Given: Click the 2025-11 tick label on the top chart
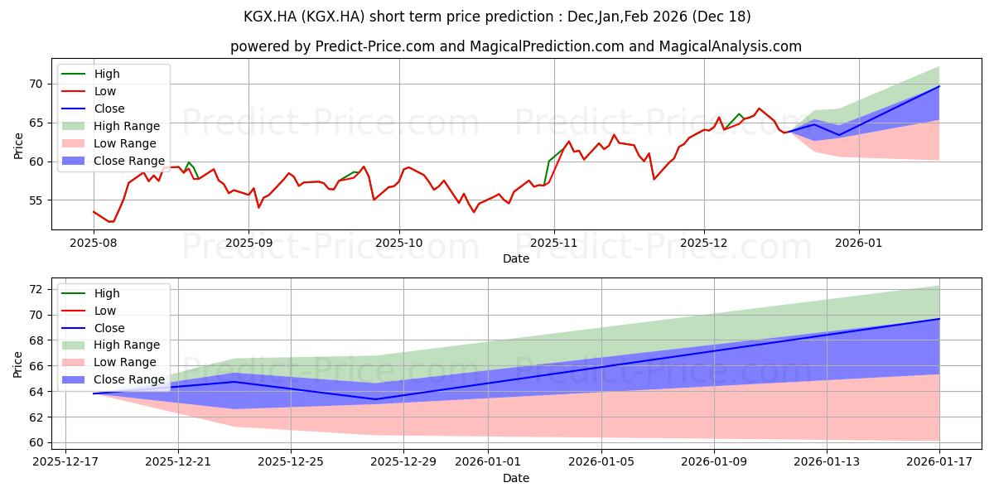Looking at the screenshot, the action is click(x=554, y=244).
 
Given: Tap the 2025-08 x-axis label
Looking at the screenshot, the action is click(x=93, y=244).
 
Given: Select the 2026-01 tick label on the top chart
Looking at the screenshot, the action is click(x=859, y=244).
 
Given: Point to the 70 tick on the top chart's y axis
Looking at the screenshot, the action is click(x=36, y=84).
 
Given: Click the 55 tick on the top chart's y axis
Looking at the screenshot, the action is click(x=36, y=200).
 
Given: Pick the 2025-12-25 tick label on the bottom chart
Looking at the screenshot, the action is click(x=291, y=462).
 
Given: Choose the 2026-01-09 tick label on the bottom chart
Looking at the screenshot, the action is click(x=714, y=462).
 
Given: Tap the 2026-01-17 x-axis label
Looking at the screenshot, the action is click(x=939, y=462).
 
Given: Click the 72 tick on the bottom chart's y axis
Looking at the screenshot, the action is click(x=36, y=289).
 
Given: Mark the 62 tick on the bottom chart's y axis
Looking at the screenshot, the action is click(x=36, y=417).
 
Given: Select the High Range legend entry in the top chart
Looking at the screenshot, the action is click(x=111, y=126).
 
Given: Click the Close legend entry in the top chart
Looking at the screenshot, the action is click(x=93, y=109).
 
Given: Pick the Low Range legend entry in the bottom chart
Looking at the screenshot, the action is click(x=109, y=362).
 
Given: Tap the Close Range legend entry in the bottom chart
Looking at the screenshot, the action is click(x=113, y=379).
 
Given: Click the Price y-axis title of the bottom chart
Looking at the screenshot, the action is click(x=17, y=364).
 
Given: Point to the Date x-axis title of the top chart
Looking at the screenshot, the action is click(x=516, y=258).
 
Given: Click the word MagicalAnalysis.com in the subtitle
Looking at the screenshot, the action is click(x=730, y=46).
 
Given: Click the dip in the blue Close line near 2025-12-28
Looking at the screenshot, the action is click(x=375, y=399).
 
